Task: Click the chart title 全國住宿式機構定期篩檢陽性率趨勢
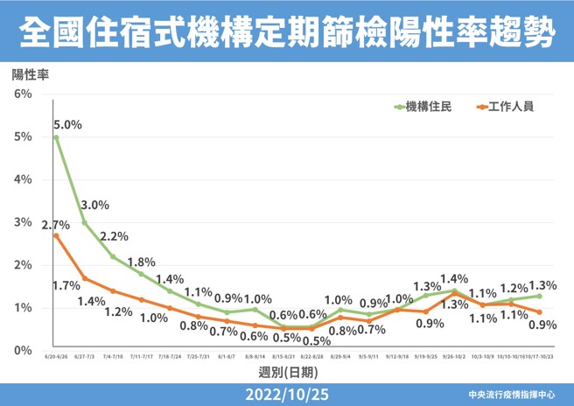286,32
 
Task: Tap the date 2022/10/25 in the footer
286,394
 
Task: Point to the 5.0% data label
67,124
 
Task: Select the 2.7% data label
55,225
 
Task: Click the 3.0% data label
94,206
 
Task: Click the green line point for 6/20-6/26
56,137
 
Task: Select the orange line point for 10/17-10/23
539,312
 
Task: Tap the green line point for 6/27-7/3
84,222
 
